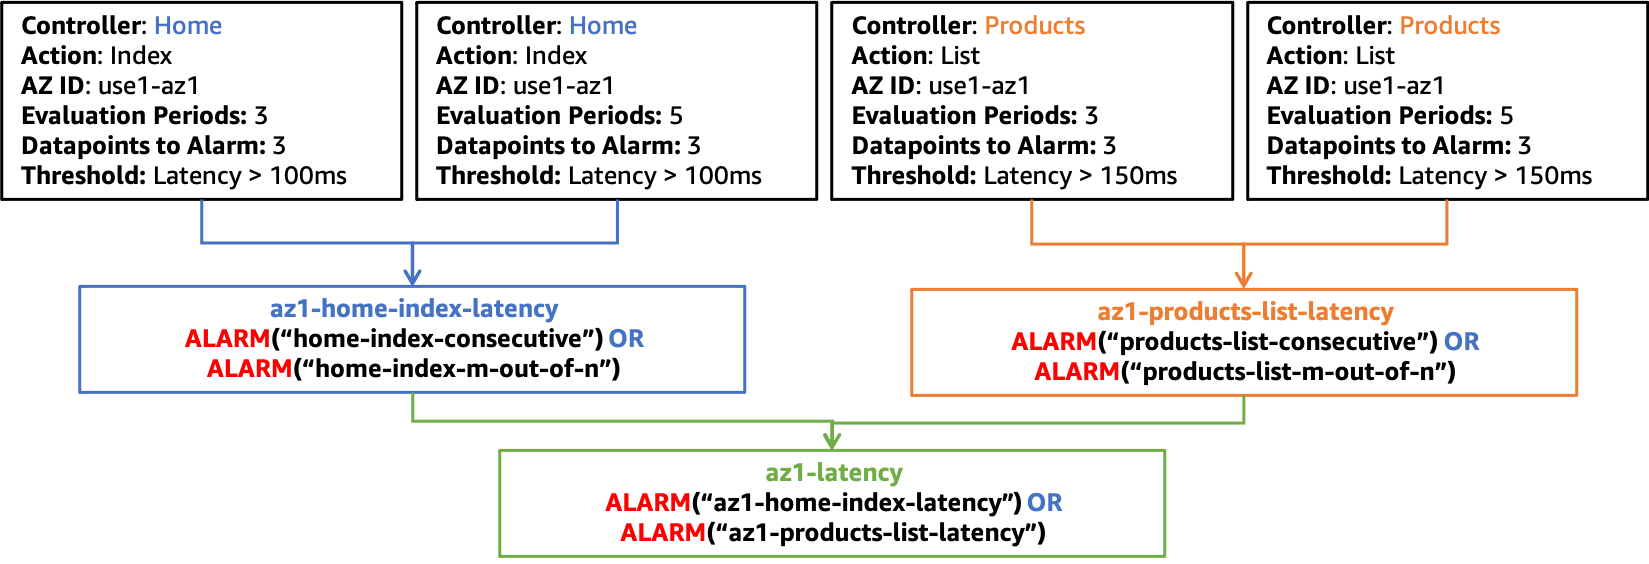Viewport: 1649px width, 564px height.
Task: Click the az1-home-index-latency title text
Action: point(413,309)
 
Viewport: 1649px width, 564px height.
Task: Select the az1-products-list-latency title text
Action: point(1245,312)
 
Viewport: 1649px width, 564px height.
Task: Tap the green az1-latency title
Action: point(834,473)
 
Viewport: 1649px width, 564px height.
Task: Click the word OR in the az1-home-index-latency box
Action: point(626,339)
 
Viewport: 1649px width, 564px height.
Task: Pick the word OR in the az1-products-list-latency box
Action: point(1461,342)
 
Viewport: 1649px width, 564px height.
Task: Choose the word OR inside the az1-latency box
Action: point(1044,503)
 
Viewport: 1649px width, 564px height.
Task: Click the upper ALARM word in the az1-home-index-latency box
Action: point(227,339)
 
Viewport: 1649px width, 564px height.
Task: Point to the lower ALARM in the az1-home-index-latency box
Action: point(249,369)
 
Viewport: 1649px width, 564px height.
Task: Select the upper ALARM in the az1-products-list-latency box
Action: point(1054,342)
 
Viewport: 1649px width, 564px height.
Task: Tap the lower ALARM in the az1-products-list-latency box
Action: point(1077,371)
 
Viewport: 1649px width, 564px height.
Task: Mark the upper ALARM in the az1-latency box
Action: point(648,503)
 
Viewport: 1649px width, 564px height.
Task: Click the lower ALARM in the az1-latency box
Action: point(663,533)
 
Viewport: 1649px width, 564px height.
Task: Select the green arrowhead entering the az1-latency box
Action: point(831,440)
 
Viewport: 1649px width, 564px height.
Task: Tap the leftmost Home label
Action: point(188,26)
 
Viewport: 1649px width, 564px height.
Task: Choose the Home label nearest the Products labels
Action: point(603,26)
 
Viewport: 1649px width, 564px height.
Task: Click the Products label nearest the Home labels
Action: point(1035,26)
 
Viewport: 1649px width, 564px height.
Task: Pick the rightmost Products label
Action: point(1450,26)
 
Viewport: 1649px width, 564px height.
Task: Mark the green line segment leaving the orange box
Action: point(1244,410)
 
